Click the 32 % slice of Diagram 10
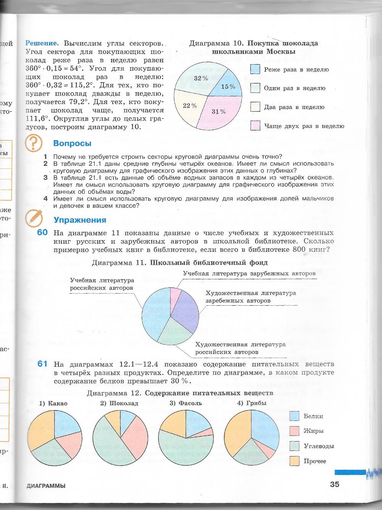[197, 78]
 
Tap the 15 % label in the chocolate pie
[228, 86]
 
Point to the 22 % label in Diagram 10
[189, 106]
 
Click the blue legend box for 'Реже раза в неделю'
[255, 69]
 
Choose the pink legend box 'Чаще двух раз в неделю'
[255, 125]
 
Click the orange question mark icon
[34, 143]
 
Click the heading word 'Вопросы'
[72, 143]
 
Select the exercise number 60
[42, 232]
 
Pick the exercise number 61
[42, 364]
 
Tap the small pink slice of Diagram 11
[175, 295]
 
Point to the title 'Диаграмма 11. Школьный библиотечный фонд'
[180, 263]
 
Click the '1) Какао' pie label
[53, 403]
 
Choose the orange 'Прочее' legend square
[294, 461]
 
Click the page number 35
[334, 484]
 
